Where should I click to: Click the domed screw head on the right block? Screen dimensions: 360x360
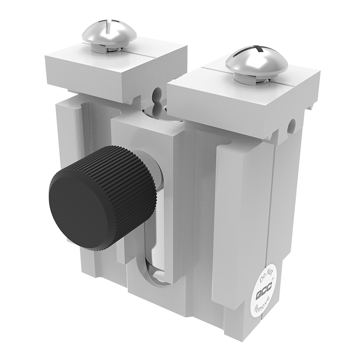[x=256, y=60]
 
